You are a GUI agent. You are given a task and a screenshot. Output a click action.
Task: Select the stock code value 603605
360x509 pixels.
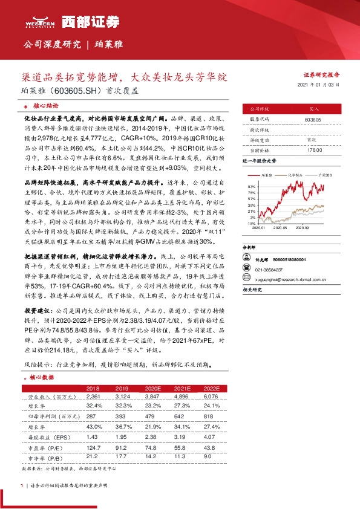point(313,120)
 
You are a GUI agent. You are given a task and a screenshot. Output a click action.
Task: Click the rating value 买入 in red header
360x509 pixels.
point(313,109)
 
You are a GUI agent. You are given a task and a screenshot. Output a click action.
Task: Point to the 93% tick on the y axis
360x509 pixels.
point(251,187)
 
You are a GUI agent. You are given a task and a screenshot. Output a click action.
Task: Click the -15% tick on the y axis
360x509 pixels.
point(250,223)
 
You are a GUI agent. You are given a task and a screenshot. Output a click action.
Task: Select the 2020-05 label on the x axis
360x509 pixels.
point(280,229)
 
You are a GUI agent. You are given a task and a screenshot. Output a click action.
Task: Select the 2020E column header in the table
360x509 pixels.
point(153,388)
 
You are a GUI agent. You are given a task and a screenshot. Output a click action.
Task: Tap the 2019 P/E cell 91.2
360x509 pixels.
point(121,446)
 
